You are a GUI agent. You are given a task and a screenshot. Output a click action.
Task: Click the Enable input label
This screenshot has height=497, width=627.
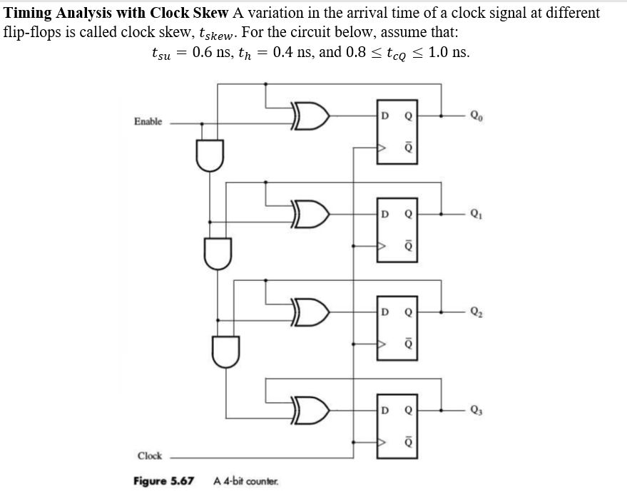tap(148, 122)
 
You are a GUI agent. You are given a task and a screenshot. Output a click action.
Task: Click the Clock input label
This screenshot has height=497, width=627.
tap(149, 456)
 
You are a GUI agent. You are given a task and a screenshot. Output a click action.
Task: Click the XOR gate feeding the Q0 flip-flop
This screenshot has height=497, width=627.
tap(310, 115)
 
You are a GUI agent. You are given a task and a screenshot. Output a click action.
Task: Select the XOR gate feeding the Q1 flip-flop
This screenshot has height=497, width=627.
tap(310, 213)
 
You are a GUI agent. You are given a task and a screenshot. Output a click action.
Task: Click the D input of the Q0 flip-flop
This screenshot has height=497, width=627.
tap(385, 115)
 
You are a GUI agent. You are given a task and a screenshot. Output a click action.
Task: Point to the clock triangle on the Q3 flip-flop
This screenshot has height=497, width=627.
tap(382, 443)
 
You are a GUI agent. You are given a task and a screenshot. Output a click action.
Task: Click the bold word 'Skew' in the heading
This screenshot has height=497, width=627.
tap(210, 14)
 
